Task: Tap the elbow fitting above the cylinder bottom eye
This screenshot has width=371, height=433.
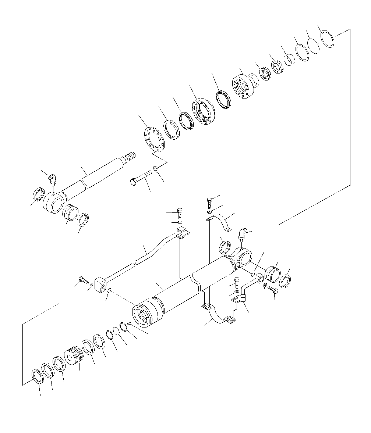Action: [242, 234]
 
